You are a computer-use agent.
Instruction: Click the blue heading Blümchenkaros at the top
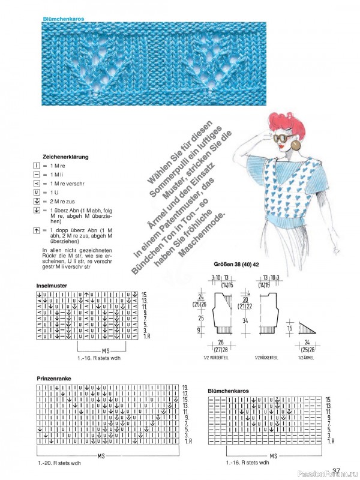click(x=63, y=19)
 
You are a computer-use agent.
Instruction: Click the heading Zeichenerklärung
click(x=66, y=157)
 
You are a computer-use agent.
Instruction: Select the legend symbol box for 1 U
click(x=37, y=192)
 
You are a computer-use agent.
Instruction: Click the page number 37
click(x=336, y=471)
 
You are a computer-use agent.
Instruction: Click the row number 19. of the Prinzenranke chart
click(x=185, y=388)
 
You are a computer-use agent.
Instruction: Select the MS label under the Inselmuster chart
click(x=106, y=350)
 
